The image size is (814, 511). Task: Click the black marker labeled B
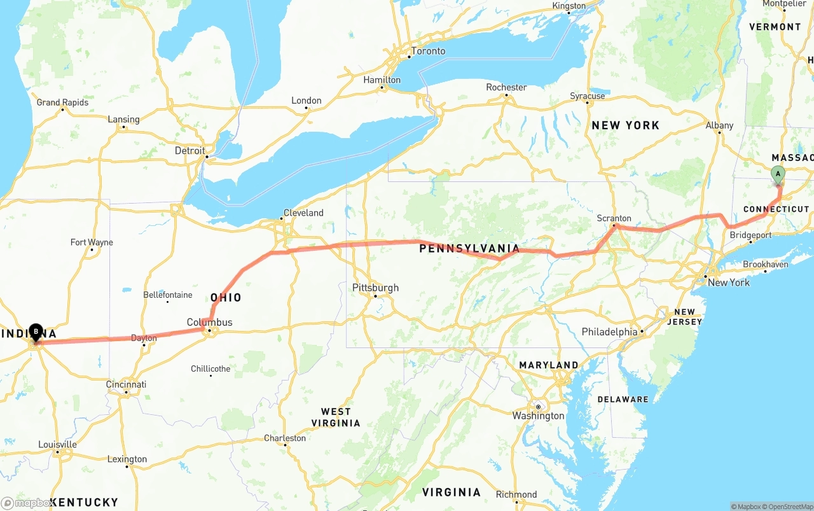36,332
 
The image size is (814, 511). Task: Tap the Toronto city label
428,51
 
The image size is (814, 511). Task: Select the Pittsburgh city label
375,288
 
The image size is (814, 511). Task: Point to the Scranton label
614,218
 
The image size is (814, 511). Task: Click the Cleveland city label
303,213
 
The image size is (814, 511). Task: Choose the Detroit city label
190,151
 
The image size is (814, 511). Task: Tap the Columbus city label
209,322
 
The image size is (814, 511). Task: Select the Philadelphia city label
609,332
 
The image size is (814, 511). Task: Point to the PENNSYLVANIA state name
469,249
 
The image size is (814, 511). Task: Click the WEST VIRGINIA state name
336,417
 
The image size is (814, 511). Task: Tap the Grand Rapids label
62,102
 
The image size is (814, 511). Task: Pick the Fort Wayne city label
92,242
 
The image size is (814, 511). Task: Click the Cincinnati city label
126,384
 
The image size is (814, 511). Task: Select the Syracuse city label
587,96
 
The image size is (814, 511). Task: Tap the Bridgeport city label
750,235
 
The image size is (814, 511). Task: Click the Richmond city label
516,494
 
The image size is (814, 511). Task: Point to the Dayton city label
143,338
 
